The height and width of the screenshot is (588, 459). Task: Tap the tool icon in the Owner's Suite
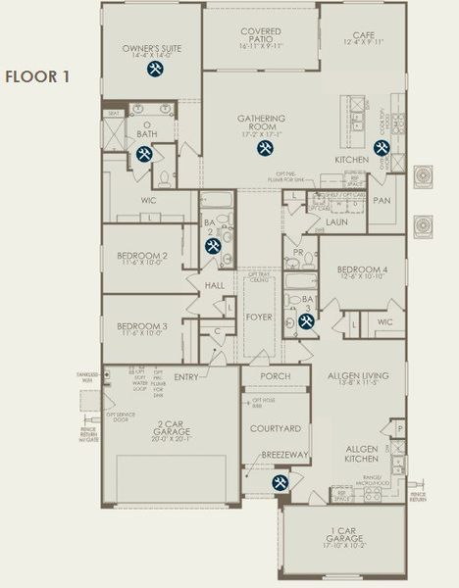tap(154, 70)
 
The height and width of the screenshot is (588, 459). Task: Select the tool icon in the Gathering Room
tap(264, 148)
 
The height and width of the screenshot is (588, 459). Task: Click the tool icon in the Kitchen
tap(381, 148)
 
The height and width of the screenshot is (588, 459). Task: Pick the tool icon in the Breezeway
tap(280, 482)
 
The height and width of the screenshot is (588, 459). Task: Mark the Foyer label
tap(260, 317)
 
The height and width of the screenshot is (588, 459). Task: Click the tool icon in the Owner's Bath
tap(144, 153)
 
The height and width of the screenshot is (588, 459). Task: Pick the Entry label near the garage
tap(185, 376)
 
